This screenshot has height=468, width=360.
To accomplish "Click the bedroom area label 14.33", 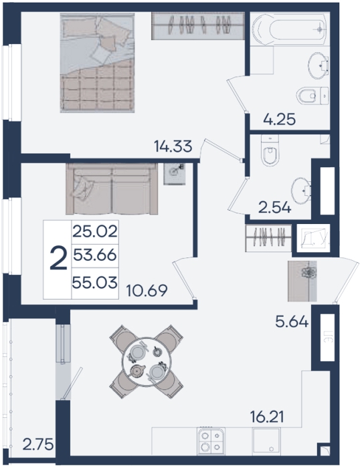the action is [x=173, y=146].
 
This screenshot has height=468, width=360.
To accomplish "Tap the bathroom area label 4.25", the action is [x=280, y=120].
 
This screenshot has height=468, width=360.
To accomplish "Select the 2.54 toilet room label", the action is [x=274, y=208].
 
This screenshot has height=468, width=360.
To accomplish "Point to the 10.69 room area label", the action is [x=147, y=290].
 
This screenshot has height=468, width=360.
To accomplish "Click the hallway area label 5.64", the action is [x=292, y=322].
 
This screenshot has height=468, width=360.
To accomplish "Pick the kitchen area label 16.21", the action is [x=267, y=417].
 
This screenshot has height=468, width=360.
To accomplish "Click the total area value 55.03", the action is [x=95, y=282].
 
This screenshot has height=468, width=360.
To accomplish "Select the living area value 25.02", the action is [x=95, y=231].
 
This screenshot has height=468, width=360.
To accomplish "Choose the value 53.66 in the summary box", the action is [x=95, y=255].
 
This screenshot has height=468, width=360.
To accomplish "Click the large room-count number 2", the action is [x=58, y=258].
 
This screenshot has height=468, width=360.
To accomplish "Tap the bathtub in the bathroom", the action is [x=289, y=29].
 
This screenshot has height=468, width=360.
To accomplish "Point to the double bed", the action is [x=97, y=63].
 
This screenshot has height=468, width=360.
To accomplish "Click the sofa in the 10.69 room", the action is [x=112, y=189].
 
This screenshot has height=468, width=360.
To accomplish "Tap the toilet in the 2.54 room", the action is [x=270, y=150].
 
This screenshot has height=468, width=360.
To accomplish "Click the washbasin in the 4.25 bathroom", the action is [x=319, y=66].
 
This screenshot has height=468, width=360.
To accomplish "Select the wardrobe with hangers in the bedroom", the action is [x=198, y=26].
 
